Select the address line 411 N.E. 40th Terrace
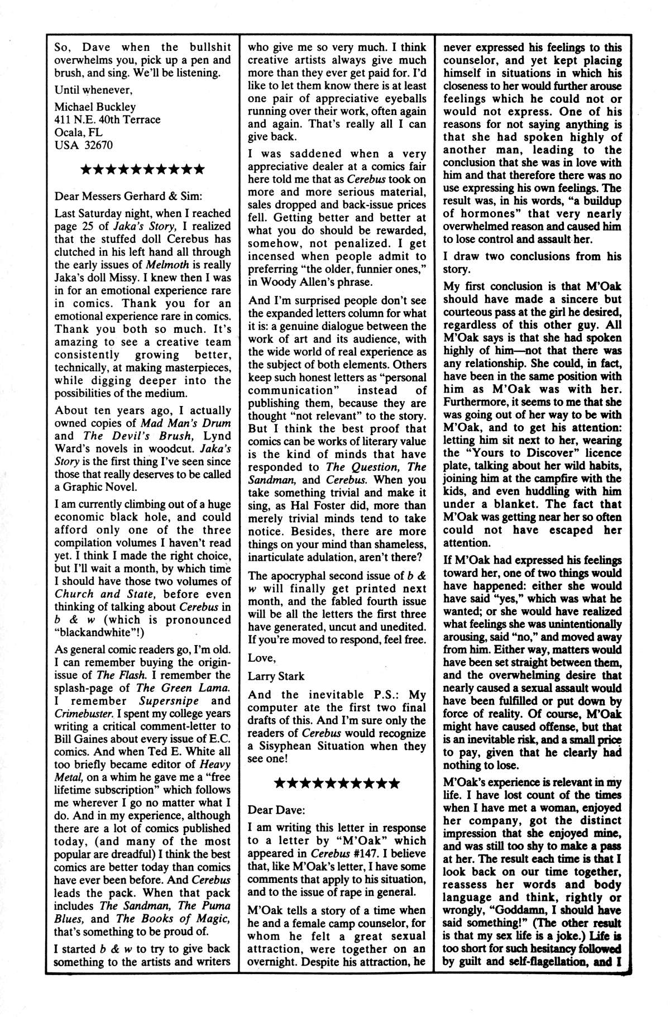click(x=107, y=120)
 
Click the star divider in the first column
click(x=141, y=169)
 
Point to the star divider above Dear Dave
click(x=337, y=783)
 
